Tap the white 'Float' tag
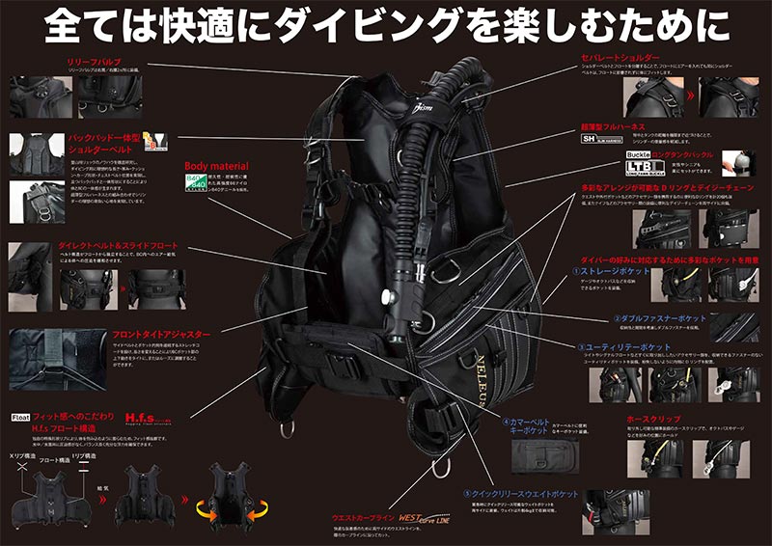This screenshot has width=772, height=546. click(20, 418)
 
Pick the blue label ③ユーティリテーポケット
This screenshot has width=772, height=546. click(618, 346)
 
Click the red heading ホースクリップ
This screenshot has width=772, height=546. click(653, 422)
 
